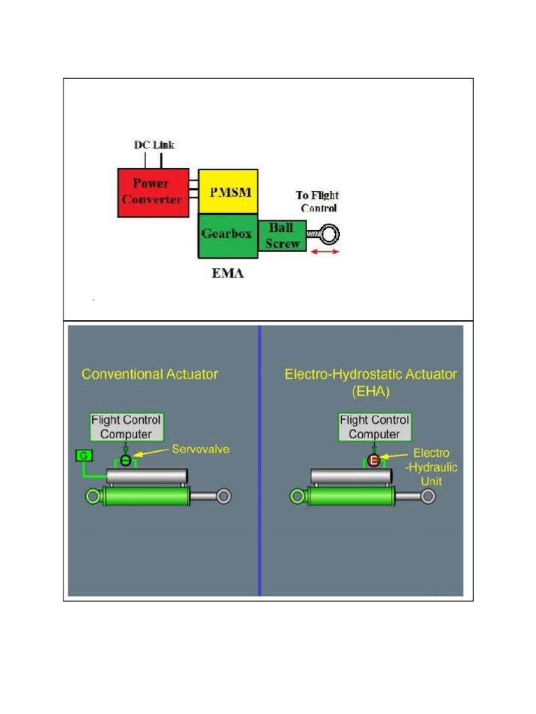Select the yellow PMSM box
228,191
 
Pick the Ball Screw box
283,236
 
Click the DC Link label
154,145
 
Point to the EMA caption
228,273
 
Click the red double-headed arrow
325,251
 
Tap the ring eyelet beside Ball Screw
329,234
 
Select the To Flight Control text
318,202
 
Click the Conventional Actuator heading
150,374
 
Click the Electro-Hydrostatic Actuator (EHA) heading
370,383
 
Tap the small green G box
82,456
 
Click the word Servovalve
201,449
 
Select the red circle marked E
373,460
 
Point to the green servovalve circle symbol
126,460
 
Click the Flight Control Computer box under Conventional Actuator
126,427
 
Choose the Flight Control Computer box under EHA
374,427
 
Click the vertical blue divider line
260,460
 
